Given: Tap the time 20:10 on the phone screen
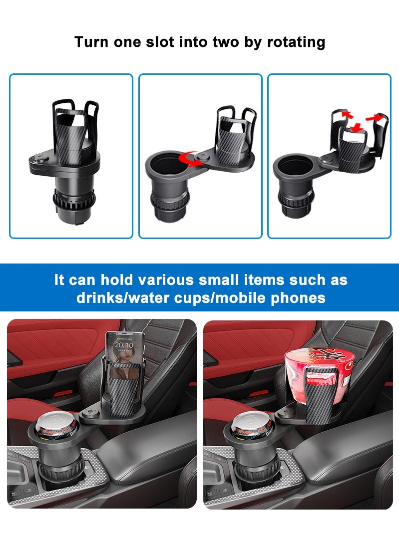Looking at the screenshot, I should [123, 345].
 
